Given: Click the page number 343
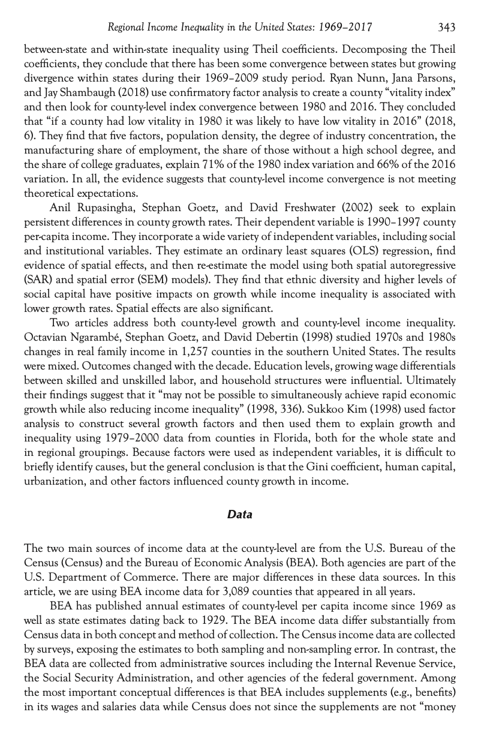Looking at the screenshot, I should coord(446,27).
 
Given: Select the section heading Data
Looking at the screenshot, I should coord(239,514).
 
